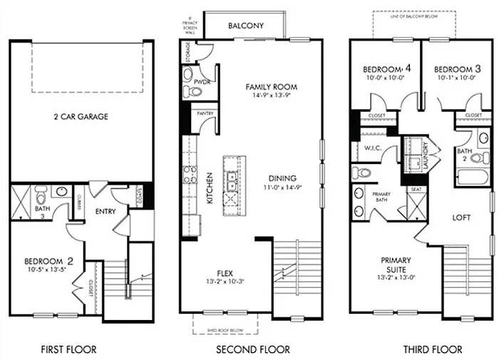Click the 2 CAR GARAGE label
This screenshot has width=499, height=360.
click(81, 116)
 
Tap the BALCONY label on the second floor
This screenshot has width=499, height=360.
click(246, 26)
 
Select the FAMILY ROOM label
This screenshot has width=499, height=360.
click(271, 87)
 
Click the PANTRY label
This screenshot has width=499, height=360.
click(205, 113)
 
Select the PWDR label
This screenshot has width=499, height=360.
click(200, 83)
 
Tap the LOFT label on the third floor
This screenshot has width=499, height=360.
click(463, 219)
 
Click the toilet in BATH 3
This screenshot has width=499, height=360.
click(42, 195)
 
